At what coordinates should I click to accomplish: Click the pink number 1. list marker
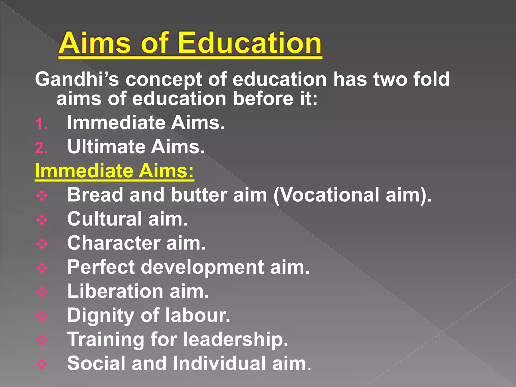(x=41, y=124)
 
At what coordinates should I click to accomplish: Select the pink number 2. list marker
(x=41, y=148)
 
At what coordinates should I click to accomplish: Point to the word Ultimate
(x=106, y=147)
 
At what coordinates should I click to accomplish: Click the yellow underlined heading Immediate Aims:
(x=114, y=171)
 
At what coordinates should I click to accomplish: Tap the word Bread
(x=95, y=195)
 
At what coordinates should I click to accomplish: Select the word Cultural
(x=105, y=219)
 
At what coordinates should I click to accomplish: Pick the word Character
(x=114, y=243)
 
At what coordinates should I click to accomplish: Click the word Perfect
(x=101, y=267)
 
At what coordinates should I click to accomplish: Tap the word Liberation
(x=115, y=291)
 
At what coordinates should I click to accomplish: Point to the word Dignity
(x=101, y=315)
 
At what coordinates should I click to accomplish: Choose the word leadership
(x=236, y=339)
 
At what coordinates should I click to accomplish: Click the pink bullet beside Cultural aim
(x=42, y=220)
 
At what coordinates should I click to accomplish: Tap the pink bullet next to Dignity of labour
(x=42, y=316)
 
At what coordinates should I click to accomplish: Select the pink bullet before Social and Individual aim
(x=42, y=364)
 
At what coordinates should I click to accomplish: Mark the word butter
(x=199, y=195)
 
